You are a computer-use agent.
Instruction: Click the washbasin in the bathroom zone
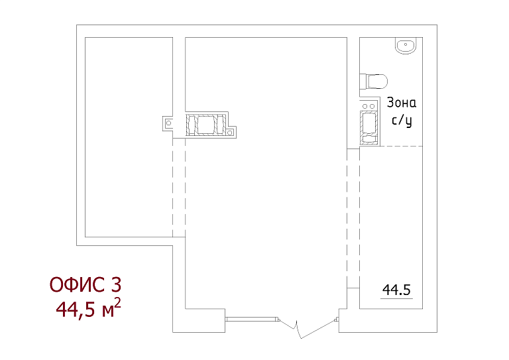click(405, 46)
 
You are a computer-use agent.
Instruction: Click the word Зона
click(402, 103)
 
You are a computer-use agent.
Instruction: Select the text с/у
click(402, 121)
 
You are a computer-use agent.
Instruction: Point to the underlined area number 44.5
click(397, 290)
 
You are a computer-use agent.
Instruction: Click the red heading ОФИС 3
click(85, 284)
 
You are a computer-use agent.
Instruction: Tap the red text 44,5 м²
click(88, 308)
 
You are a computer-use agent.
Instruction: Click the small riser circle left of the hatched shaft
click(168, 123)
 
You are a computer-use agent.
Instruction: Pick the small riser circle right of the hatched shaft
click(229, 133)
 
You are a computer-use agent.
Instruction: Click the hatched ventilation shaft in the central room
click(206, 125)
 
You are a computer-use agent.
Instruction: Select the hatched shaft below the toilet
click(369, 127)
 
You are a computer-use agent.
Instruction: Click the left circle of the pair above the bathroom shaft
click(365, 106)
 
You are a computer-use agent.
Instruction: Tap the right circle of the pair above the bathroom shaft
click(372, 106)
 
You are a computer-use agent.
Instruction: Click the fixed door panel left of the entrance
click(253, 320)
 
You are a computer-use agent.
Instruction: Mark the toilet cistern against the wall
click(363, 81)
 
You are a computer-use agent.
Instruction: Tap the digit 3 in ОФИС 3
click(116, 284)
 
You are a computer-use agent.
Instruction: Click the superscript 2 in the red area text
click(118, 302)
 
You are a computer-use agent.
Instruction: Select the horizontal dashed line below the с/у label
click(401, 146)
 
